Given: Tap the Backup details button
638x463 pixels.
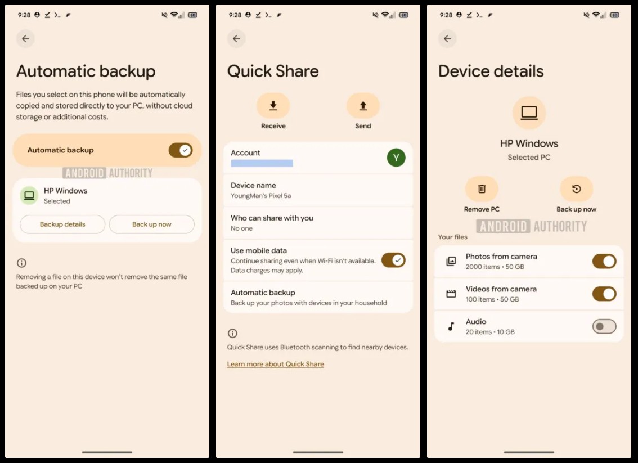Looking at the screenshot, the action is (x=62, y=224).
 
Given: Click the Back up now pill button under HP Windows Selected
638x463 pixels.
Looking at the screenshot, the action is (x=152, y=224).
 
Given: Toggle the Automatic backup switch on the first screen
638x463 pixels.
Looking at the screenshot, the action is (x=181, y=150).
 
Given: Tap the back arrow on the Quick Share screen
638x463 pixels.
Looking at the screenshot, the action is (x=236, y=39).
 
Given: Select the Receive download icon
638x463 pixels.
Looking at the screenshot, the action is (x=273, y=106).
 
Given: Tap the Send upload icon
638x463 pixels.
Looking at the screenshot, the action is (x=363, y=106).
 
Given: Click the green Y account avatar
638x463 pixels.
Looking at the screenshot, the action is (x=396, y=158).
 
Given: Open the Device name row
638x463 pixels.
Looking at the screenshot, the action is (x=318, y=190).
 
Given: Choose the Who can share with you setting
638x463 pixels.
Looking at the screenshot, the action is (x=318, y=223).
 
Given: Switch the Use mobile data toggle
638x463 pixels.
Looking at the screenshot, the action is (x=393, y=260).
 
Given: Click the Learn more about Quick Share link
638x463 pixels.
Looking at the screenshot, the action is (x=276, y=364).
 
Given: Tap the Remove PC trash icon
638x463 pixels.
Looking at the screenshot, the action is (x=482, y=189).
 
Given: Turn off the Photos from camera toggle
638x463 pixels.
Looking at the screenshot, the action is (x=604, y=261).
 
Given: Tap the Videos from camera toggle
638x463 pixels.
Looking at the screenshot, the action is (x=604, y=294).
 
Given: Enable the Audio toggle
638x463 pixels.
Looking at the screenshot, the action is (x=604, y=326).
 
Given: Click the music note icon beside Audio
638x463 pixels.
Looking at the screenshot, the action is (x=451, y=326).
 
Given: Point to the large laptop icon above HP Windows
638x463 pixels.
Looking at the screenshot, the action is (x=529, y=113).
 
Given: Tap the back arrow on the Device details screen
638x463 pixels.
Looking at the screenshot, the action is (x=448, y=39).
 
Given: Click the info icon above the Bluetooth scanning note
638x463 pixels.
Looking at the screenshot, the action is (x=232, y=334).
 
